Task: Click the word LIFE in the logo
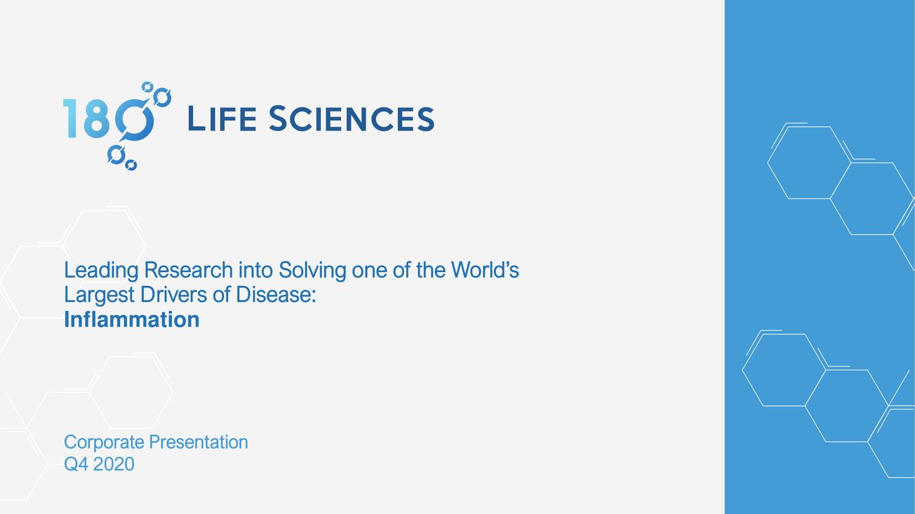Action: tap(222, 119)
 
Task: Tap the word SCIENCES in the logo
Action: tap(352, 119)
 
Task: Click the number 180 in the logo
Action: tap(109, 119)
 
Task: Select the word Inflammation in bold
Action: tap(132, 319)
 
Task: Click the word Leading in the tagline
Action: tap(101, 271)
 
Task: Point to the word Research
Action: tap(189, 270)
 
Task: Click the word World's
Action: tap(485, 270)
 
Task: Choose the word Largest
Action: tap(99, 296)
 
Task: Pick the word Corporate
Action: tap(104, 442)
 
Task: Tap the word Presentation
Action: tap(199, 442)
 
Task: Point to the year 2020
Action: tap(114, 464)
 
